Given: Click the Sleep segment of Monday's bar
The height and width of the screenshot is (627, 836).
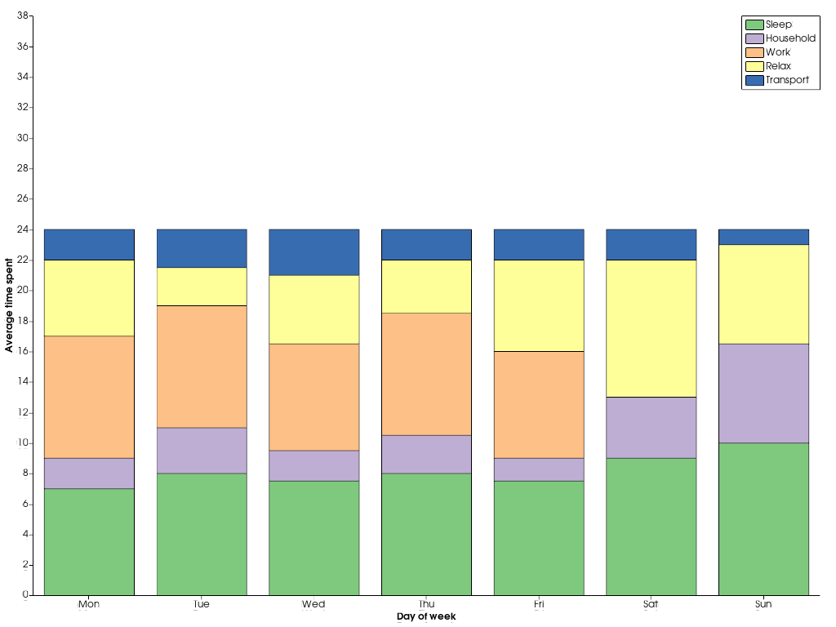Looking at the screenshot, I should pos(89,541).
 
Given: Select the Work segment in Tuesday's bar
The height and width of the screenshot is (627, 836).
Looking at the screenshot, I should pos(202,367).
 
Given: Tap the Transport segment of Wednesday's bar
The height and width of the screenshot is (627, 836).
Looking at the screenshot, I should pos(313,252).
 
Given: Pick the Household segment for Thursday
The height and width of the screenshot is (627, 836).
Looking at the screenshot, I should pos(426,454).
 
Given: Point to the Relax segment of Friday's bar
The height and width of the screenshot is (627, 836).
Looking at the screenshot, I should pos(539,305).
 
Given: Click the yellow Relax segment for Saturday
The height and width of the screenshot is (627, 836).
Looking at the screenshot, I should pos(651,328).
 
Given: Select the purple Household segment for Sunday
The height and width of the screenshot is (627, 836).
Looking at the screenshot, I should pos(763,393).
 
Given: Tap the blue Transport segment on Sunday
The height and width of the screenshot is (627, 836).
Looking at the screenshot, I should pos(763,237).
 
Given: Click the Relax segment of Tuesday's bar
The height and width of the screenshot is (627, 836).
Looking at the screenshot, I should pos(202,287).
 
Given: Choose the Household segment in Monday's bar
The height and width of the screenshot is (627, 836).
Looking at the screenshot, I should pos(89,473).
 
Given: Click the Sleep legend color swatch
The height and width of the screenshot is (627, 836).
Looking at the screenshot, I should pos(754,24).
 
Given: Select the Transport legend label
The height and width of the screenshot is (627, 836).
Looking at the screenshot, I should pos(787,80).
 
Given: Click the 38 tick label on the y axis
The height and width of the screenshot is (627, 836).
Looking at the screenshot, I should pos(24,16).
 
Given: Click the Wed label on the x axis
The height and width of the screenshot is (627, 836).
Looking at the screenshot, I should pos(313,605).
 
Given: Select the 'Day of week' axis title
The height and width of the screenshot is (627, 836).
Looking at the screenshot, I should pos(426,616).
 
